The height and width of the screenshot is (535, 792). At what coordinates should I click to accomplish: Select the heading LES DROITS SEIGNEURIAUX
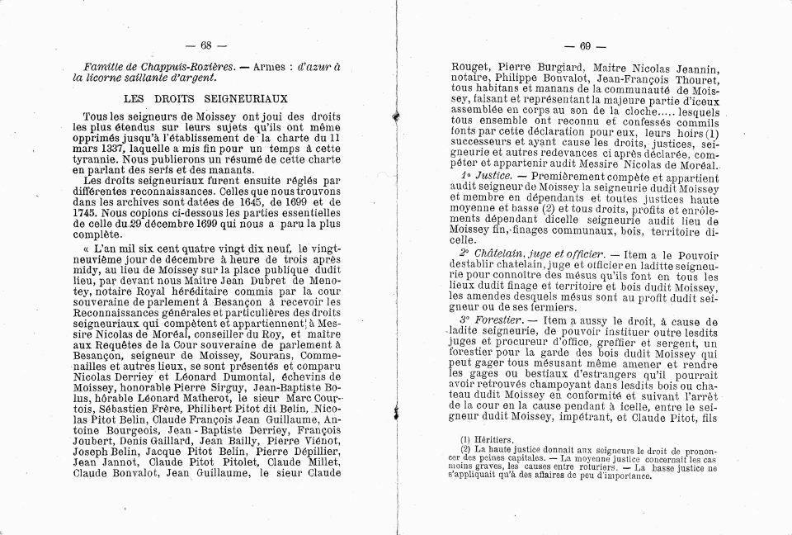205,98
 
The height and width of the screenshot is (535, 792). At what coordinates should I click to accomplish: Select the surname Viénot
296,440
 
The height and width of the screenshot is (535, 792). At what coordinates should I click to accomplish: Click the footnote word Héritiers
491,440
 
